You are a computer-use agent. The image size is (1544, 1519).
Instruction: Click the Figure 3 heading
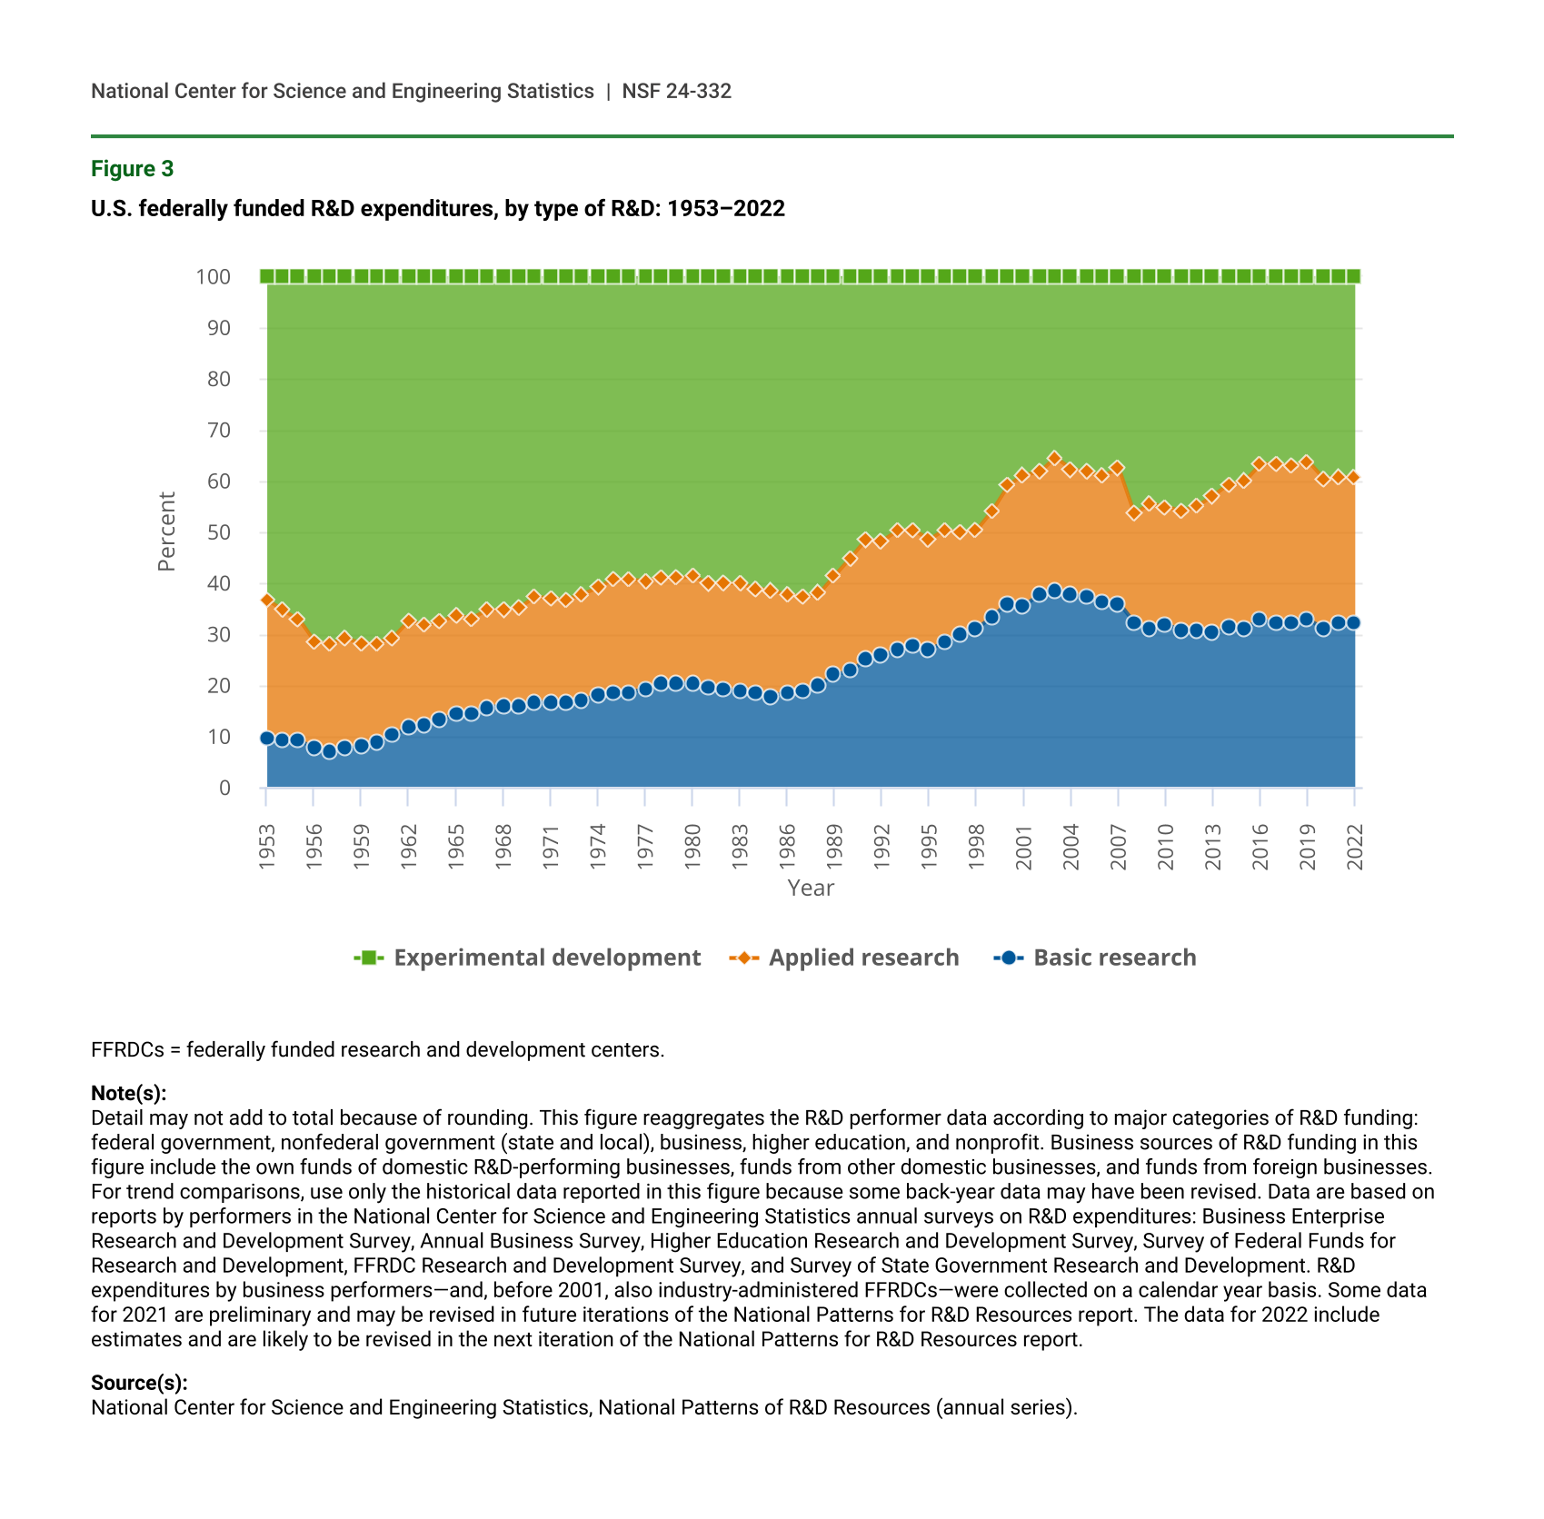pos(132,169)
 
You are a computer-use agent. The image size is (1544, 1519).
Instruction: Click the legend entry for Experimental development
pos(546,958)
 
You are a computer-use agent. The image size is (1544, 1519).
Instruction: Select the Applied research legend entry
pos(862,958)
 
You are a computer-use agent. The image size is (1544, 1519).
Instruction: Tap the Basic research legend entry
pos(1114,958)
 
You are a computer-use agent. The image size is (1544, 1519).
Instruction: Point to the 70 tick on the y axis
pos(219,431)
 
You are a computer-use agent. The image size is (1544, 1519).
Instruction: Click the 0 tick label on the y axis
pos(224,789)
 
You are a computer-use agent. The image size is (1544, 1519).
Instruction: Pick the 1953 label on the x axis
pos(266,848)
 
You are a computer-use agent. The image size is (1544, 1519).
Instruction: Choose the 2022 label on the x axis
pos(1355,848)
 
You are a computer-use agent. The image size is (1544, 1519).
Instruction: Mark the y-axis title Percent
pos(166,531)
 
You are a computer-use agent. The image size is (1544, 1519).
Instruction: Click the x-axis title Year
pos(811,889)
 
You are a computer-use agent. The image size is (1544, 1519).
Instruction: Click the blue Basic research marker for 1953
pos(267,738)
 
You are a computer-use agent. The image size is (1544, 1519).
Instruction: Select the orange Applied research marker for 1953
pos(267,600)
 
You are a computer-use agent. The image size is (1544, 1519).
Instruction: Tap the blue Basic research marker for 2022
pos(1353,622)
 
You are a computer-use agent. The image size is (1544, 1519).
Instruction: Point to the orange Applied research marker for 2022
pos(1353,476)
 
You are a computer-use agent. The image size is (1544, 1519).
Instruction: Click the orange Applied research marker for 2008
pos(1133,512)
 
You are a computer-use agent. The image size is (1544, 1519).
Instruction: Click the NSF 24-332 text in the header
pos(676,92)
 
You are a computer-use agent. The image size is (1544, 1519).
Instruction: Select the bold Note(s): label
pos(128,1093)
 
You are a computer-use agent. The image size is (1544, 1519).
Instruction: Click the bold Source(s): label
pos(139,1383)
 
